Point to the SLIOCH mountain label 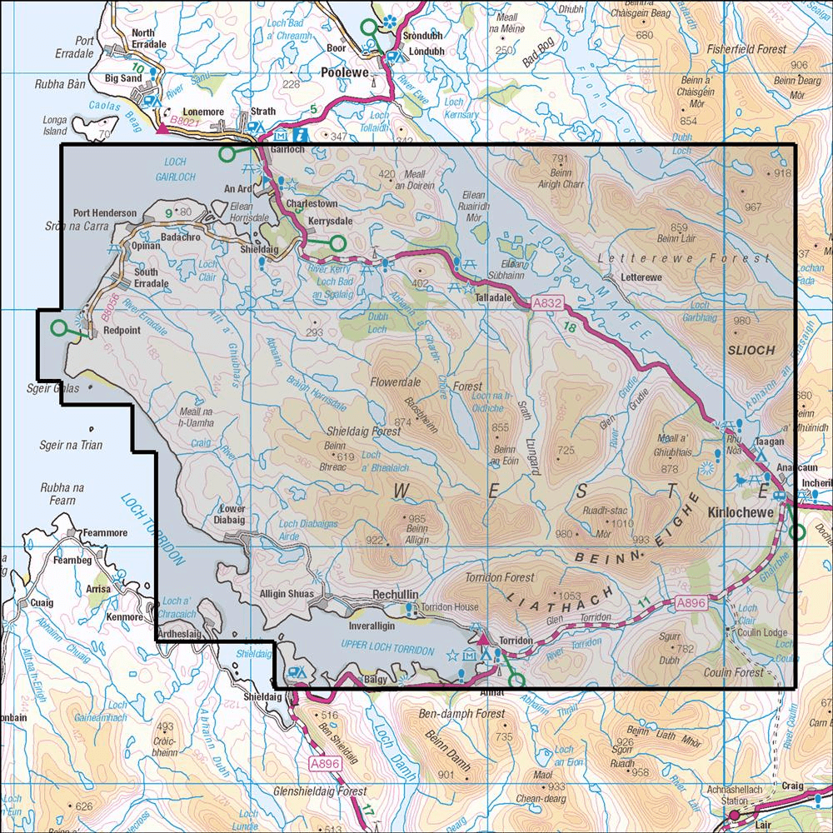click(751, 350)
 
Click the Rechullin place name click(395, 595)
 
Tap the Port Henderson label click(105, 213)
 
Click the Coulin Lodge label click(756, 632)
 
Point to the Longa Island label click(54, 125)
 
